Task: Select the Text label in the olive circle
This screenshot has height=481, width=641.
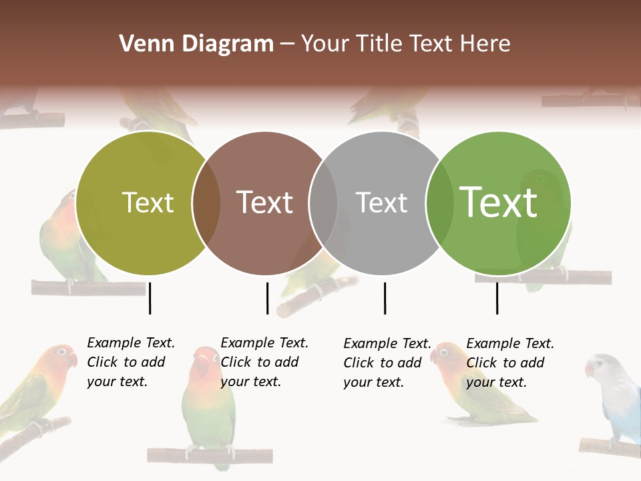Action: (148, 203)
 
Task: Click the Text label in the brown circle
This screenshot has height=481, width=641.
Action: (265, 203)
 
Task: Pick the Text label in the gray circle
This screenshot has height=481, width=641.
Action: (381, 203)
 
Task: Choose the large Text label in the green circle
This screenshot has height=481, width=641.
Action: (498, 202)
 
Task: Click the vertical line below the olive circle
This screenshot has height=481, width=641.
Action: (150, 298)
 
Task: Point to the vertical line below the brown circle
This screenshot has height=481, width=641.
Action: (267, 298)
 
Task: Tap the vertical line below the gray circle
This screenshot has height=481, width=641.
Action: (385, 298)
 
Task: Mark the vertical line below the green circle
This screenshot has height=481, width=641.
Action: (497, 298)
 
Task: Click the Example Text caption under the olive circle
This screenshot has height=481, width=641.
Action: (130, 362)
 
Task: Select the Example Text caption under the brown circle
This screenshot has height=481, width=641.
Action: (264, 362)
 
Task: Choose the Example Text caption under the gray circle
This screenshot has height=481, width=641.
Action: (387, 363)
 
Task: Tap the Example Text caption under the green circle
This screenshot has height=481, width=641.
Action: (509, 363)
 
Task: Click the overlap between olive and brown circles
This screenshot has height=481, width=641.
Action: (206, 203)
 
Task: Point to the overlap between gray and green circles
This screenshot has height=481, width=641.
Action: (437, 203)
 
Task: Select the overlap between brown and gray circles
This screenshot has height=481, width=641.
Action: (323, 203)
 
